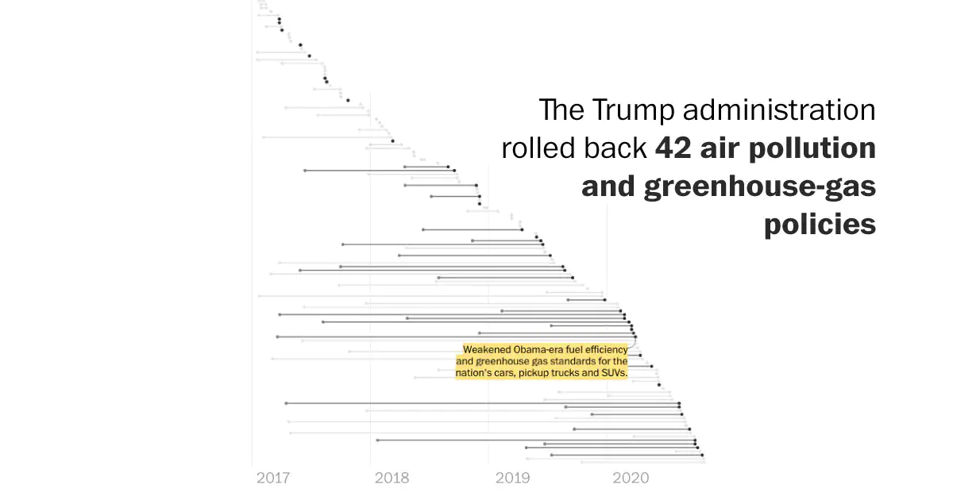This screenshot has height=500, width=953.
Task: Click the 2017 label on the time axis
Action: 273,478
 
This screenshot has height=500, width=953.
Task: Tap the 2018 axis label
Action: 392,478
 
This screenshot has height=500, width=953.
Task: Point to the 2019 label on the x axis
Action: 512,478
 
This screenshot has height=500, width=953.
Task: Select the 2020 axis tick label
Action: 631,478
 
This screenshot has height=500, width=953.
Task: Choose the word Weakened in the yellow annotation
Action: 487,349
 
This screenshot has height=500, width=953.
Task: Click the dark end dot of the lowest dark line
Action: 702,455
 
